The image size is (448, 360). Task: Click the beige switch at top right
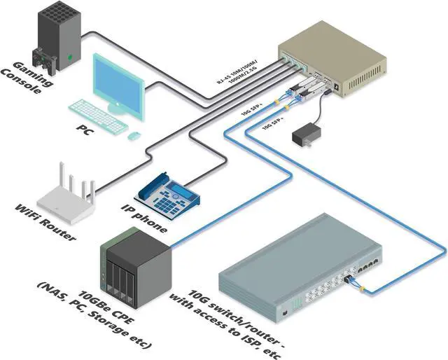(329, 60)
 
